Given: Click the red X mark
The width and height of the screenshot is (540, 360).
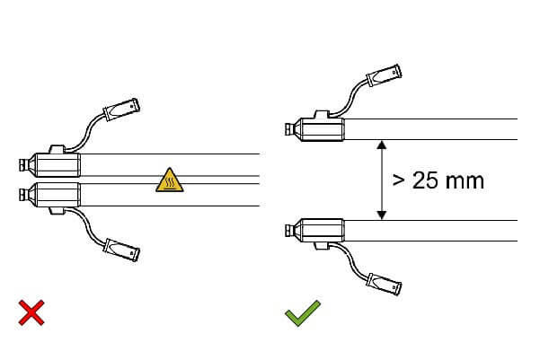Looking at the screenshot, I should pos(32,312).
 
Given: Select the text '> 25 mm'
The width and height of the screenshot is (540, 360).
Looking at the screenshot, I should pos(438,180).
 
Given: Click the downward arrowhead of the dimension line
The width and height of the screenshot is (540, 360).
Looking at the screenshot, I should pos(382,214).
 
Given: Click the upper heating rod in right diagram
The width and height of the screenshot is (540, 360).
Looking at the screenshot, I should pos(431,128).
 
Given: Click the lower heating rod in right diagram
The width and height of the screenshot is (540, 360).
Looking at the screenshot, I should pos(431,230).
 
